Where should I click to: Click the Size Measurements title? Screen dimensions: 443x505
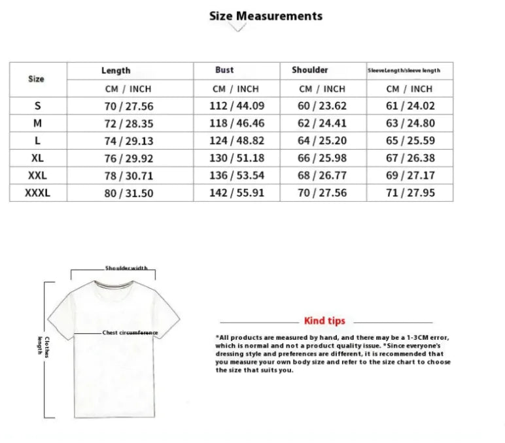266,16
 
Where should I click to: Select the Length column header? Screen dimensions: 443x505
116,71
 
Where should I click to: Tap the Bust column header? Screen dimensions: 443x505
224,70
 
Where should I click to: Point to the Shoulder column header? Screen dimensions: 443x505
310,70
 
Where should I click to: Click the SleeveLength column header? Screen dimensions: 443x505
404,71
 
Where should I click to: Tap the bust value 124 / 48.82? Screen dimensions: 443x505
237,140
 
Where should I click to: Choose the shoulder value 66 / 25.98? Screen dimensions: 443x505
322,158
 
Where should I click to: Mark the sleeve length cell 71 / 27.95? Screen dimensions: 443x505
410,193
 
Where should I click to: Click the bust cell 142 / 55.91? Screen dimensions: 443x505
237,193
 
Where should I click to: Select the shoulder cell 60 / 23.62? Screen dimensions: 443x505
322,105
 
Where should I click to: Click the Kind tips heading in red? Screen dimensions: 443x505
324,321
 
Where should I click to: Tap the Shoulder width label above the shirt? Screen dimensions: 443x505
126,269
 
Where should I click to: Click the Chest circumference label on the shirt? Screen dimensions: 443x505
130,333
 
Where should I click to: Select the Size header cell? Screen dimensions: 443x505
37,79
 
